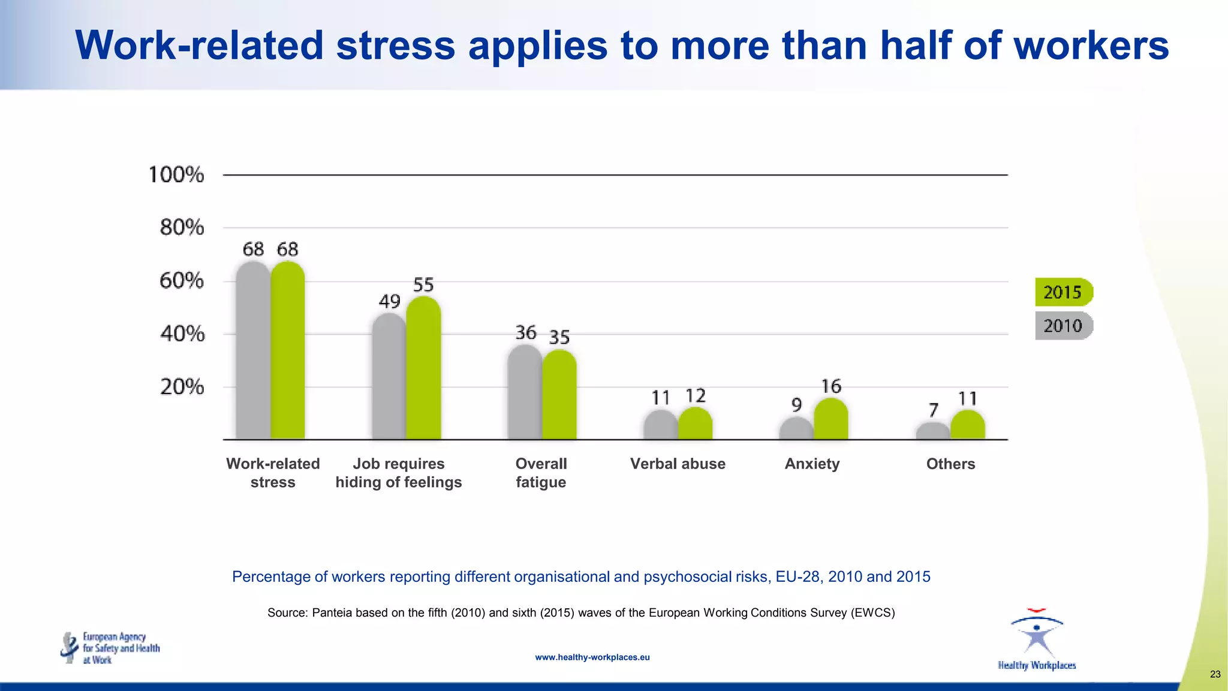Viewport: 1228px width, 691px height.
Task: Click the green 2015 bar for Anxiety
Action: pos(831,420)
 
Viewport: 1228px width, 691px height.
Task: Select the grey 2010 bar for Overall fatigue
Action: pos(525,393)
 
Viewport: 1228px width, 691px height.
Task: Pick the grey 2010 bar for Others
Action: pos(933,431)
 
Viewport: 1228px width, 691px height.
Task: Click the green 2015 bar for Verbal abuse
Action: pos(696,424)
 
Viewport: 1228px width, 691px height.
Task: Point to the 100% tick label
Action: pos(176,175)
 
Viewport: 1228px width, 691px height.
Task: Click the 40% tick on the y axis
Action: pos(182,334)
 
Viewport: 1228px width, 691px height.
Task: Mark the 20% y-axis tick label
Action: pos(182,387)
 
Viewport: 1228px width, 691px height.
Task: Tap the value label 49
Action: pos(390,301)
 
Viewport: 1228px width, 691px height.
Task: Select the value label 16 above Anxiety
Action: pos(831,386)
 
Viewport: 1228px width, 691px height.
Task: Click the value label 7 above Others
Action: pos(934,410)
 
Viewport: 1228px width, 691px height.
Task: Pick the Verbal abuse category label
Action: pos(678,464)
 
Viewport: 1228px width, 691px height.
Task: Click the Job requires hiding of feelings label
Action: pos(399,473)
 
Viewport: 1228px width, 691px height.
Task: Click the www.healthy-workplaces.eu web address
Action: pos(592,657)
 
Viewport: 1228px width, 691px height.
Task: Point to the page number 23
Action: pos(1215,674)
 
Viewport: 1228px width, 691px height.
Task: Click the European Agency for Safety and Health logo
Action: pos(110,648)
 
